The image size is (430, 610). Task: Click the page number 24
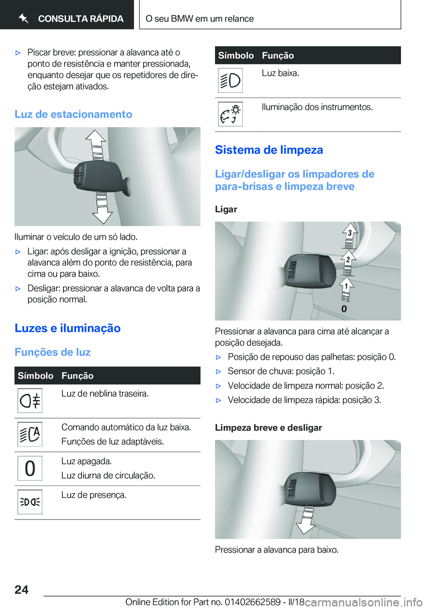[21, 590]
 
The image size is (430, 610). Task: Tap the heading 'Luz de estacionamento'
[73, 114]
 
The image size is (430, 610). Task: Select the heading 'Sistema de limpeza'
[269, 150]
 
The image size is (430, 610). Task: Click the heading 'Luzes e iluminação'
[68, 328]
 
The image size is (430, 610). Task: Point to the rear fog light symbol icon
[30, 400]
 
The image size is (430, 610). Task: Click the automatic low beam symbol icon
[30, 434]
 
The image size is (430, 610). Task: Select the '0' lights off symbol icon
[30, 468]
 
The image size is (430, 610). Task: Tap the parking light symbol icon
[30, 502]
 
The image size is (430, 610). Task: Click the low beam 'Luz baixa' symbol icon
[230, 81]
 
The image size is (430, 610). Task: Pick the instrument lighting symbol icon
[230, 114]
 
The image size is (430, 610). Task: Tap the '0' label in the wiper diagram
[344, 309]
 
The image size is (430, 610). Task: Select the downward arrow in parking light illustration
[102, 209]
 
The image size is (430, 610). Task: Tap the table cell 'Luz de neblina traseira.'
[105, 394]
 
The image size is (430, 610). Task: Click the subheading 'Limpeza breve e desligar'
[268, 428]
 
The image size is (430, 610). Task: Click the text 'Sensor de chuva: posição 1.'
[281, 371]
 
